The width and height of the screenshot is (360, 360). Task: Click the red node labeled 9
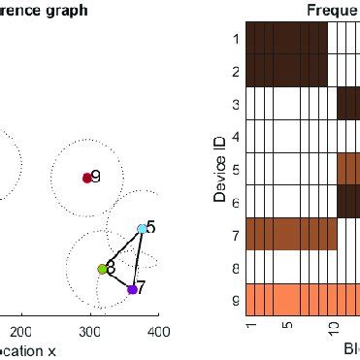[87, 178]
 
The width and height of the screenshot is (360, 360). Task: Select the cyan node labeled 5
[142, 229]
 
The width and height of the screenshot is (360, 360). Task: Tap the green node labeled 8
[102, 269]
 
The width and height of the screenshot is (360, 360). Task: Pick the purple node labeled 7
[132, 289]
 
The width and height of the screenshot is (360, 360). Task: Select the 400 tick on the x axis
[157, 332]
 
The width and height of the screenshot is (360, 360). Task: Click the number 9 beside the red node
[96, 176]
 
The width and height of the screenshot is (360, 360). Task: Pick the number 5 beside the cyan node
[150, 226]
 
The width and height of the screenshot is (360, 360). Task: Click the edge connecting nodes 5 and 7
[137, 259]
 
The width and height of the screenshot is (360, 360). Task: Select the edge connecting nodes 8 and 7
[116, 279]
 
